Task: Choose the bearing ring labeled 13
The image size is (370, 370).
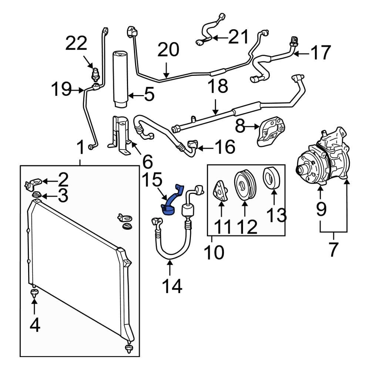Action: click(271, 178)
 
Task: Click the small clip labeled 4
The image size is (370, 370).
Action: click(34, 295)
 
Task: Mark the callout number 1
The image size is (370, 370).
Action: click(80, 148)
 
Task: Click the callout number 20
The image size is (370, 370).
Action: click(168, 50)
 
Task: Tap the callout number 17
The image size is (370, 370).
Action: click(320, 53)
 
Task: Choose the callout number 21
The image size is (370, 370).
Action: click(239, 37)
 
